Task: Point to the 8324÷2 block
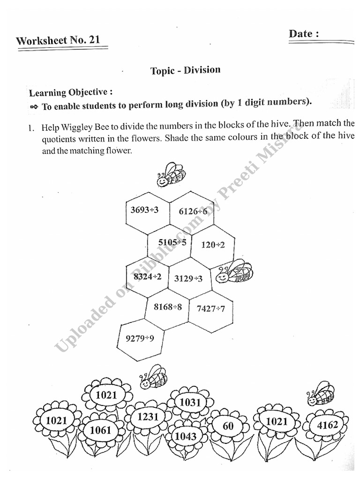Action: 147,277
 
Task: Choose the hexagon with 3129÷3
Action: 188,278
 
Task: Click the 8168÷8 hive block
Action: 168,307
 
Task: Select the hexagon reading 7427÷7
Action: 210,308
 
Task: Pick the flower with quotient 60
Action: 228,426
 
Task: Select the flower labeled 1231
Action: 148,417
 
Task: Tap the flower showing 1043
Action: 186,436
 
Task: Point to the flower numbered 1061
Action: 101,430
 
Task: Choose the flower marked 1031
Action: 190,402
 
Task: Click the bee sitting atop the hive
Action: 171,175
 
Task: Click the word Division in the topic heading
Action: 202,70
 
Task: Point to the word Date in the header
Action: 300,34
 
